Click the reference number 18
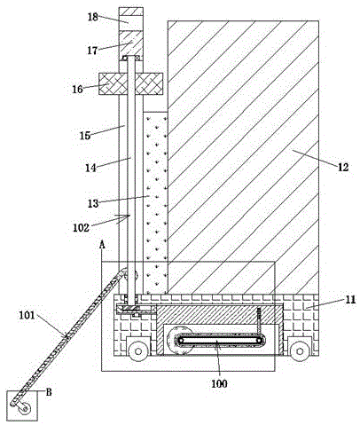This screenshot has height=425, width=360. (x=93, y=17)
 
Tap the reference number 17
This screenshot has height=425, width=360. (x=92, y=51)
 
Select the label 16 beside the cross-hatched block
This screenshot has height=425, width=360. (x=78, y=89)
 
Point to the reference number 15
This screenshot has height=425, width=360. (x=85, y=136)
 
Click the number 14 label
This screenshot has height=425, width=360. (x=91, y=168)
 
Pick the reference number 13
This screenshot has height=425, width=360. (x=93, y=203)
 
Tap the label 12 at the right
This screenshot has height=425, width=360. (x=343, y=168)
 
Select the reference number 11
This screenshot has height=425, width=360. (x=350, y=300)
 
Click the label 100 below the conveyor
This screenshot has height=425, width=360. (x=220, y=383)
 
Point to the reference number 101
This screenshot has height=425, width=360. (x=27, y=316)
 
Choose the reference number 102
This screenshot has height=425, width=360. (x=81, y=228)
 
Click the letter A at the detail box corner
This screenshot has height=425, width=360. (x=102, y=245)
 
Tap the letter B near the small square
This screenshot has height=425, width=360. (x=49, y=392)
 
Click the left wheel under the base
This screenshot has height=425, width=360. (x=138, y=351)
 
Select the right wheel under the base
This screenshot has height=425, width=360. (x=300, y=351)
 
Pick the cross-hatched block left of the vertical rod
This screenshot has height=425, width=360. (x=109, y=83)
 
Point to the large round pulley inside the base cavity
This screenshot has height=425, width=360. (x=179, y=340)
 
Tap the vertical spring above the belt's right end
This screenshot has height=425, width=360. (x=259, y=322)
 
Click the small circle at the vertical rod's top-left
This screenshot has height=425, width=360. (x=125, y=58)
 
